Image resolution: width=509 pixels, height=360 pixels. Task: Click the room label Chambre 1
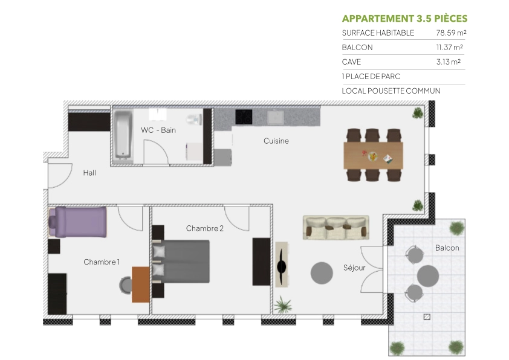pyautogui.click(x=102, y=262)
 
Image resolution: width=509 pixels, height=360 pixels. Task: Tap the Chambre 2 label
pyautogui.click(x=205, y=228)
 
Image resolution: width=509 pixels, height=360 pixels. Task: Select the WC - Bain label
pyautogui.click(x=158, y=130)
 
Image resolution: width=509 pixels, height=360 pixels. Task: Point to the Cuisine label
pyautogui.click(x=276, y=141)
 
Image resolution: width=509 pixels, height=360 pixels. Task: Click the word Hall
pyautogui.click(x=89, y=173)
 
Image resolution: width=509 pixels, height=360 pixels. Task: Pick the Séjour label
pyautogui.click(x=354, y=268)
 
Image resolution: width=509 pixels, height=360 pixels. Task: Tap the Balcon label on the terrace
pyautogui.click(x=447, y=248)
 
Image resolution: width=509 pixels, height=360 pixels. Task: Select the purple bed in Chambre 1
pyautogui.click(x=79, y=222)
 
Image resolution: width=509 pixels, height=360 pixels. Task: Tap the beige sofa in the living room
pyautogui.click(x=336, y=227)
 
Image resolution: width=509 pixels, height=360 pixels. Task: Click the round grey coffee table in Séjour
pyautogui.click(x=322, y=273)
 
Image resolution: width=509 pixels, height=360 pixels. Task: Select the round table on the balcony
pyautogui.click(x=428, y=275)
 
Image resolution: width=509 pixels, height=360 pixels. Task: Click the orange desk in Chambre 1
pyautogui.click(x=140, y=284)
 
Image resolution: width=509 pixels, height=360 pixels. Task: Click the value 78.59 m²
pyautogui.click(x=450, y=33)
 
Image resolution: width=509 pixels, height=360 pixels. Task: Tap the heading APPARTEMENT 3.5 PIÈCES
pyautogui.click(x=404, y=18)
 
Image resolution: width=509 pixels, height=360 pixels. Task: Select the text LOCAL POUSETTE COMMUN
pyautogui.click(x=391, y=91)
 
